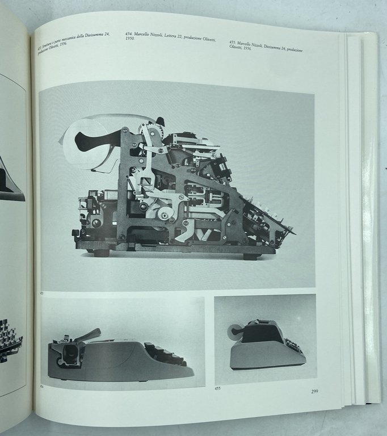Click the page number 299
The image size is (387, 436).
[314, 391]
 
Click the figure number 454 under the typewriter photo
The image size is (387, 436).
[42, 384]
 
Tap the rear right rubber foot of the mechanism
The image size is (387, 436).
[250, 255]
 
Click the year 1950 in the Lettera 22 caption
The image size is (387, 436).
[131, 45]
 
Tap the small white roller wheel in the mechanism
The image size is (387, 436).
[165, 214]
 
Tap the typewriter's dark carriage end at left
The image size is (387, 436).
[70, 354]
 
